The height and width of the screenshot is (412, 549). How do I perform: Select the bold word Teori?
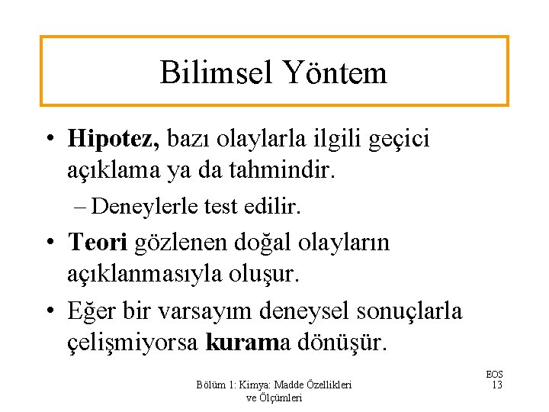(98, 243)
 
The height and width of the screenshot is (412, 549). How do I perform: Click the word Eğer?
(90, 311)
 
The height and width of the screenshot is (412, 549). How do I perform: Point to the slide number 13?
(496, 385)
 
